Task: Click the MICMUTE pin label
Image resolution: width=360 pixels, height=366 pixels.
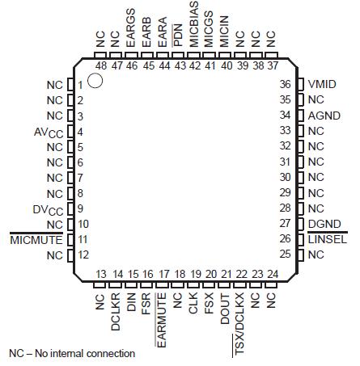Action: tap(36, 240)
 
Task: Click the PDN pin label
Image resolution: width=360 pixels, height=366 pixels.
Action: tap(179, 42)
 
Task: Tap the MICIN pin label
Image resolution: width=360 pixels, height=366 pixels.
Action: tap(224, 37)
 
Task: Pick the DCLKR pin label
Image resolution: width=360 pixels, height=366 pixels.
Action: tap(116, 309)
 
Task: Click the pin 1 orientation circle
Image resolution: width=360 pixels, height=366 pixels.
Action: tap(95, 81)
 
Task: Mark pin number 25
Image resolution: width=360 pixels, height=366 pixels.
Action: tap(284, 255)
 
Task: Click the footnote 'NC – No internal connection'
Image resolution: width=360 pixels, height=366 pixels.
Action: tap(72, 353)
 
